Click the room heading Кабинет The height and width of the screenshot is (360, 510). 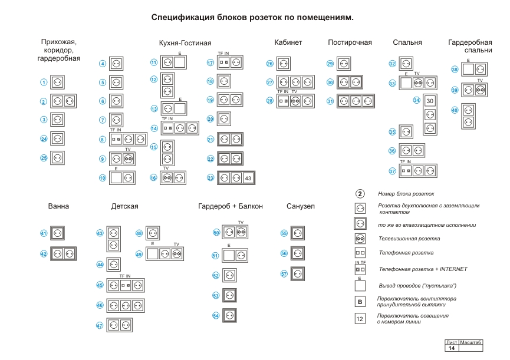[288, 42]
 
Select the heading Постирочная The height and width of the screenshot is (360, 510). [350, 42]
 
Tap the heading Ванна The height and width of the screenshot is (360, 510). [58, 206]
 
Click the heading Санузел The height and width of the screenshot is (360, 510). [301, 206]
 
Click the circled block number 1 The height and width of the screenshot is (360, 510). [43, 82]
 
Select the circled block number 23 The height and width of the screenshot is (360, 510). [210, 177]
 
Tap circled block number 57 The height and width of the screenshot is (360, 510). [284, 273]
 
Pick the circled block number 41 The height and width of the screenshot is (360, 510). [43, 233]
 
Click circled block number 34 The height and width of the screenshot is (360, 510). [416, 101]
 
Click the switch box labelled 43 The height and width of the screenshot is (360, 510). [248, 177]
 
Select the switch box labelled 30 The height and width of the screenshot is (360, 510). [430, 101]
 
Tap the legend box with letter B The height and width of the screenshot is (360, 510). [360, 302]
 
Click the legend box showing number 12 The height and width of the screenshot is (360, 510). [360, 319]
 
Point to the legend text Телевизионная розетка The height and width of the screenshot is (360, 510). [409, 239]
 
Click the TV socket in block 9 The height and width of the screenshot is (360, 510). [129, 158]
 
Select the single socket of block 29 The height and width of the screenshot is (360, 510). [343, 64]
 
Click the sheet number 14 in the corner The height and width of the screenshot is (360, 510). [452, 348]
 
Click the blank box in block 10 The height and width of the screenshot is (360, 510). [116, 177]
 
